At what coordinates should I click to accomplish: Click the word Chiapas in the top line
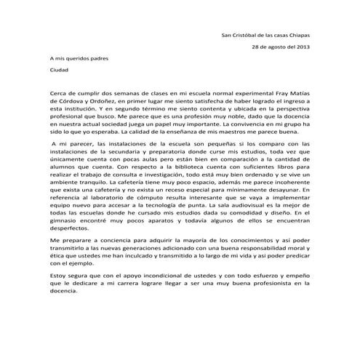297,35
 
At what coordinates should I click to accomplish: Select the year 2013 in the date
301,48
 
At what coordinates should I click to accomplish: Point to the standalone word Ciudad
58,71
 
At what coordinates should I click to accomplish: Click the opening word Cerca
59,95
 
